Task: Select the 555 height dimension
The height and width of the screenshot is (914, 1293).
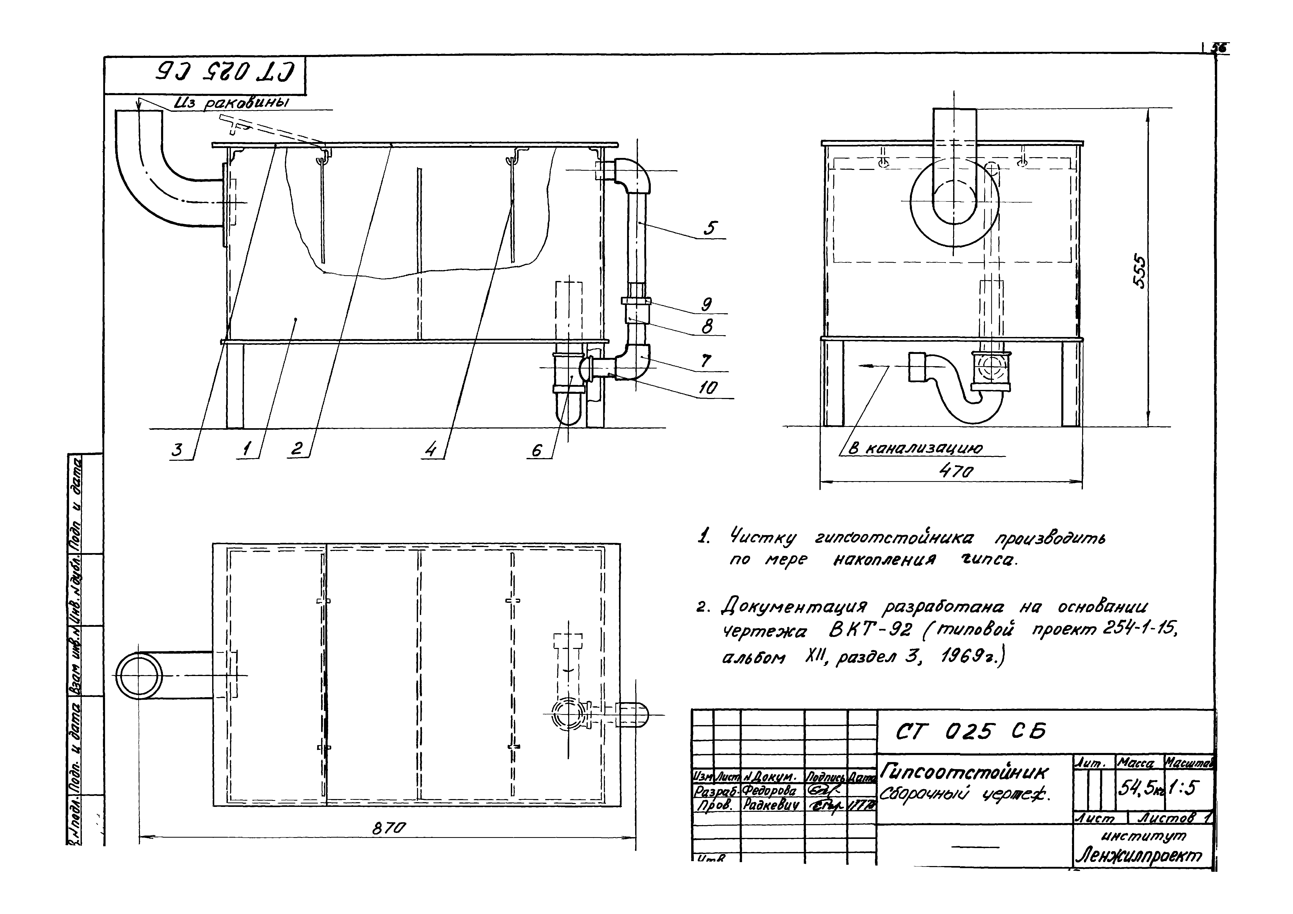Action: tap(1139, 272)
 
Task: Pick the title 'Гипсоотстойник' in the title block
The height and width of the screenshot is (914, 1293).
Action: tap(965, 771)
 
